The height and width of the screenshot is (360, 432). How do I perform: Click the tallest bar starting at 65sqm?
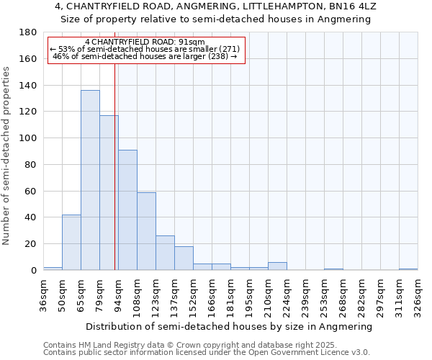coord(90,180)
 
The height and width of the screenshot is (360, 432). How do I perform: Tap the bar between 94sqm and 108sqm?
coord(127,210)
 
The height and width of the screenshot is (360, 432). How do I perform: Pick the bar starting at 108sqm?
coord(146,231)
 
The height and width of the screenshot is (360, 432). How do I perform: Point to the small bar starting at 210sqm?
coord(277,266)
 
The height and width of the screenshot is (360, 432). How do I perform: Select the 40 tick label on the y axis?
coord(31,217)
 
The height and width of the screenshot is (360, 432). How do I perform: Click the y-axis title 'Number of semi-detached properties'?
coord(7,156)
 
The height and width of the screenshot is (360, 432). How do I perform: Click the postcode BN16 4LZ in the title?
coord(351,6)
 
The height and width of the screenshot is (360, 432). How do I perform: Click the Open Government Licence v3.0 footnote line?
coord(206,352)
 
